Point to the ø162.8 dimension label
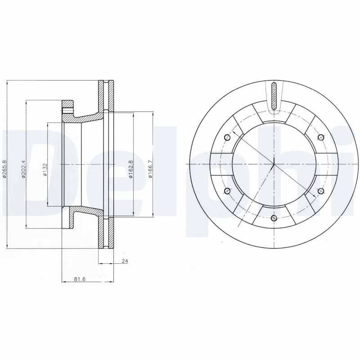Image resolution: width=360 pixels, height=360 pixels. [x=130, y=169]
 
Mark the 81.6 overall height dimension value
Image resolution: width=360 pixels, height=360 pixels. [x=79, y=279]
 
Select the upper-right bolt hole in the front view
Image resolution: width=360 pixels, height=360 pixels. [x=320, y=137]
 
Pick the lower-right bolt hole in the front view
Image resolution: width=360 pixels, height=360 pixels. [x=320, y=191]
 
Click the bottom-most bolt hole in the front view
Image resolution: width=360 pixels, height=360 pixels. [x=274, y=218]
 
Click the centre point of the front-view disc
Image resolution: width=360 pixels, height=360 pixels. [x=274, y=164]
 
